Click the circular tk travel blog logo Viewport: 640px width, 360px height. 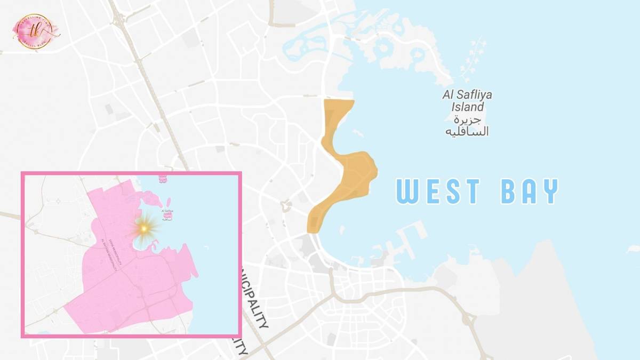(36, 31)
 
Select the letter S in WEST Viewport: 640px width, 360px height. (458, 191)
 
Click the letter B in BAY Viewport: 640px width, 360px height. (510, 191)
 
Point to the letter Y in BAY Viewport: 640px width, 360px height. (549, 191)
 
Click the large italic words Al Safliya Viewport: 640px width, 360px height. (467, 95)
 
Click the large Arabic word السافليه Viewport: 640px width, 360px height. (467, 131)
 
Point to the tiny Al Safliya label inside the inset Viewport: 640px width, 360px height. (167, 213)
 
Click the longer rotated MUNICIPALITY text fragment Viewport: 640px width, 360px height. (255, 297)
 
